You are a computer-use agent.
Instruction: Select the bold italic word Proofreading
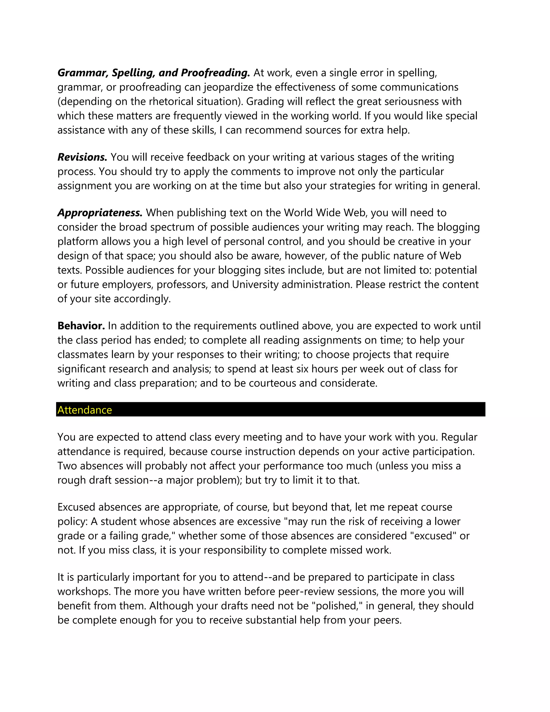coord(215,73)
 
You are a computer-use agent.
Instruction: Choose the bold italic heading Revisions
coord(82,157)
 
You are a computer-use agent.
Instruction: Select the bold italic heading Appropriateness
coord(100,213)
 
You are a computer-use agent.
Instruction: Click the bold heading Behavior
coord(81,326)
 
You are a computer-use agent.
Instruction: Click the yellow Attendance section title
coord(84,410)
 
